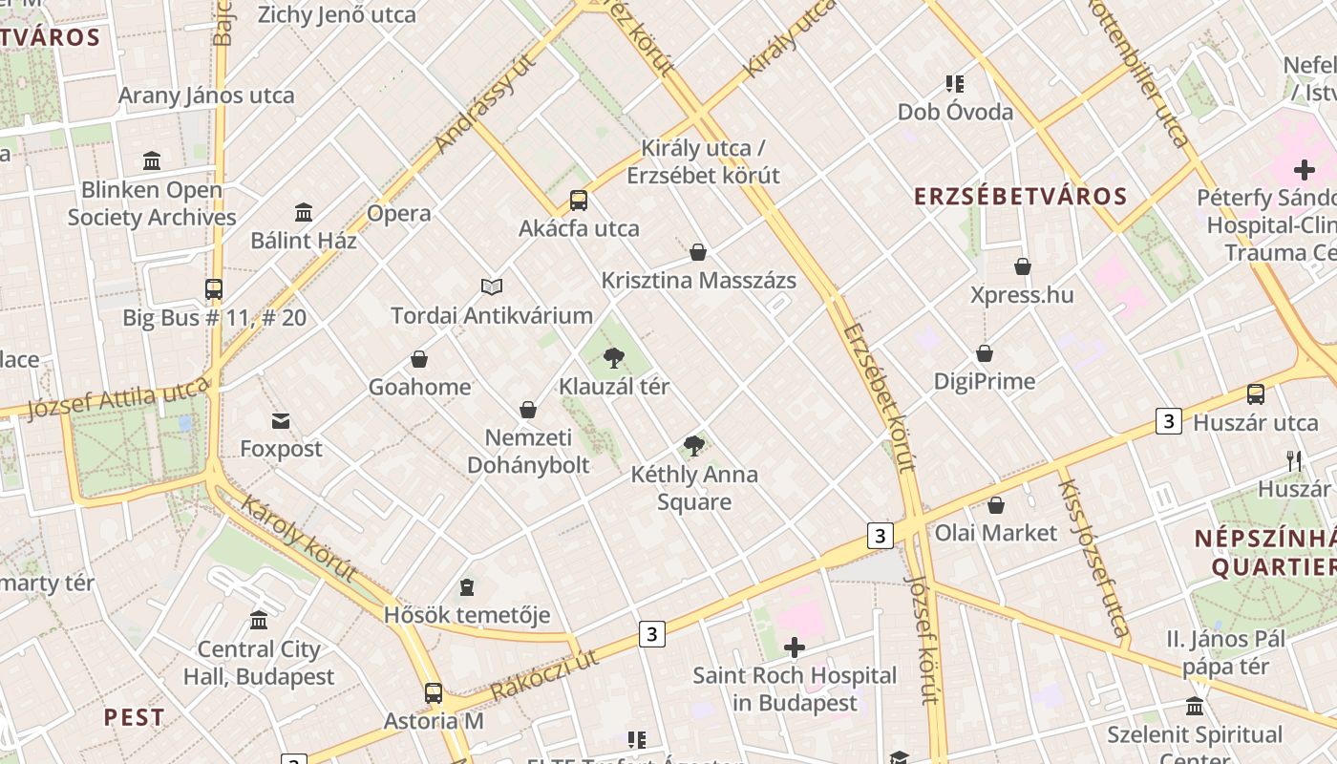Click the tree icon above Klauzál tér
click(x=614, y=359)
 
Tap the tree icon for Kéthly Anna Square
click(x=694, y=446)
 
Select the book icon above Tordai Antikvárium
click(x=492, y=286)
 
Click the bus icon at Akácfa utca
click(x=579, y=201)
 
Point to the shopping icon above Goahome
click(x=418, y=359)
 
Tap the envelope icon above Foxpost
click(x=281, y=420)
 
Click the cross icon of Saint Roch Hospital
click(x=795, y=648)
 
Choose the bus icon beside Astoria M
click(x=434, y=693)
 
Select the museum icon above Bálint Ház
click(x=304, y=212)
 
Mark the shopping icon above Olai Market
click(x=996, y=505)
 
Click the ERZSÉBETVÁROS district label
click(x=1021, y=197)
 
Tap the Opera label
click(x=399, y=213)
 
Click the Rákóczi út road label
click(x=544, y=675)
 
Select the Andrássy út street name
click(x=485, y=104)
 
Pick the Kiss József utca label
click(x=1093, y=558)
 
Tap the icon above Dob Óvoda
click(x=955, y=84)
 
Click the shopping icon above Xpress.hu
click(x=1023, y=266)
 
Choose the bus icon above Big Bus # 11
click(x=214, y=289)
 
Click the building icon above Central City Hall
click(x=259, y=621)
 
